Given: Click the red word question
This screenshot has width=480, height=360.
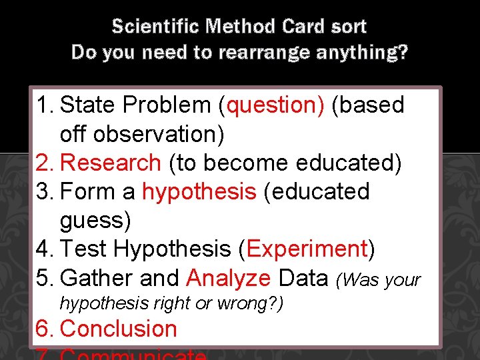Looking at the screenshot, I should click(x=275, y=105).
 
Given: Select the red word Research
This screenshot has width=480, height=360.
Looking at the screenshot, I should click(x=111, y=163).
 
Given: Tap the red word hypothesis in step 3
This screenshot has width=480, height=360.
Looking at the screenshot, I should click(x=199, y=192).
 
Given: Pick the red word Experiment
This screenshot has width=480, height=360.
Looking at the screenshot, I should click(x=307, y=249).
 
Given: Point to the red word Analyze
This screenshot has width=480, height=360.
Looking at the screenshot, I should click(x=228, y=278).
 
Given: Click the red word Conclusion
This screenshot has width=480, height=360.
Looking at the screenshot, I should click(x=119, y=329).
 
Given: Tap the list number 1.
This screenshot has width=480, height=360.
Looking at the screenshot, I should click(x=44, y=105).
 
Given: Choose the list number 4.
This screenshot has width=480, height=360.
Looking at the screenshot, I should click(x=44, y=249).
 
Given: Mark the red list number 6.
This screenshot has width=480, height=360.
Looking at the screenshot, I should click(x=44, y=329).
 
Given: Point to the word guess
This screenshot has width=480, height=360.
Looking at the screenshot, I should click(x=95, y=220).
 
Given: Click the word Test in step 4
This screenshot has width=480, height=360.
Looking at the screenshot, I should click(x=83, y=249).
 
